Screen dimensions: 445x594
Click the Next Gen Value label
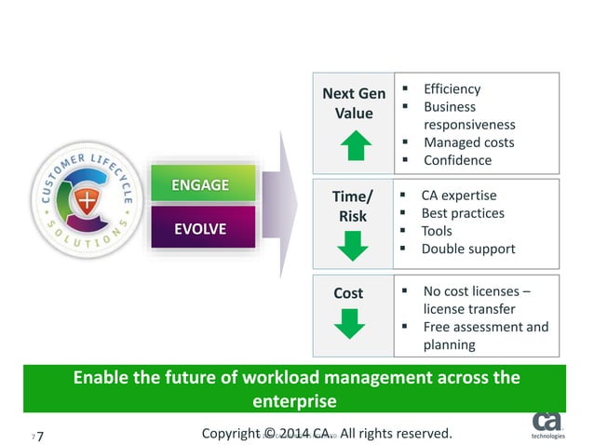(353, 103)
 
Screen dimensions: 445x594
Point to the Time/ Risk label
(353, 206)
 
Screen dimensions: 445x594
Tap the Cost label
(348, 293)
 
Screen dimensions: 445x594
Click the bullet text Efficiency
(452, 89)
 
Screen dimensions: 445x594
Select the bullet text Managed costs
(468, 142)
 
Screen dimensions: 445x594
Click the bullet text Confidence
(457, 160)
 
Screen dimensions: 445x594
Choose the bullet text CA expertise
(459, 196)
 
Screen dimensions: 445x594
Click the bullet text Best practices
(463, 213)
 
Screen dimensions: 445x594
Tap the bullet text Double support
(467, 249)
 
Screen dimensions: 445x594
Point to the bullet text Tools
(437, 231)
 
